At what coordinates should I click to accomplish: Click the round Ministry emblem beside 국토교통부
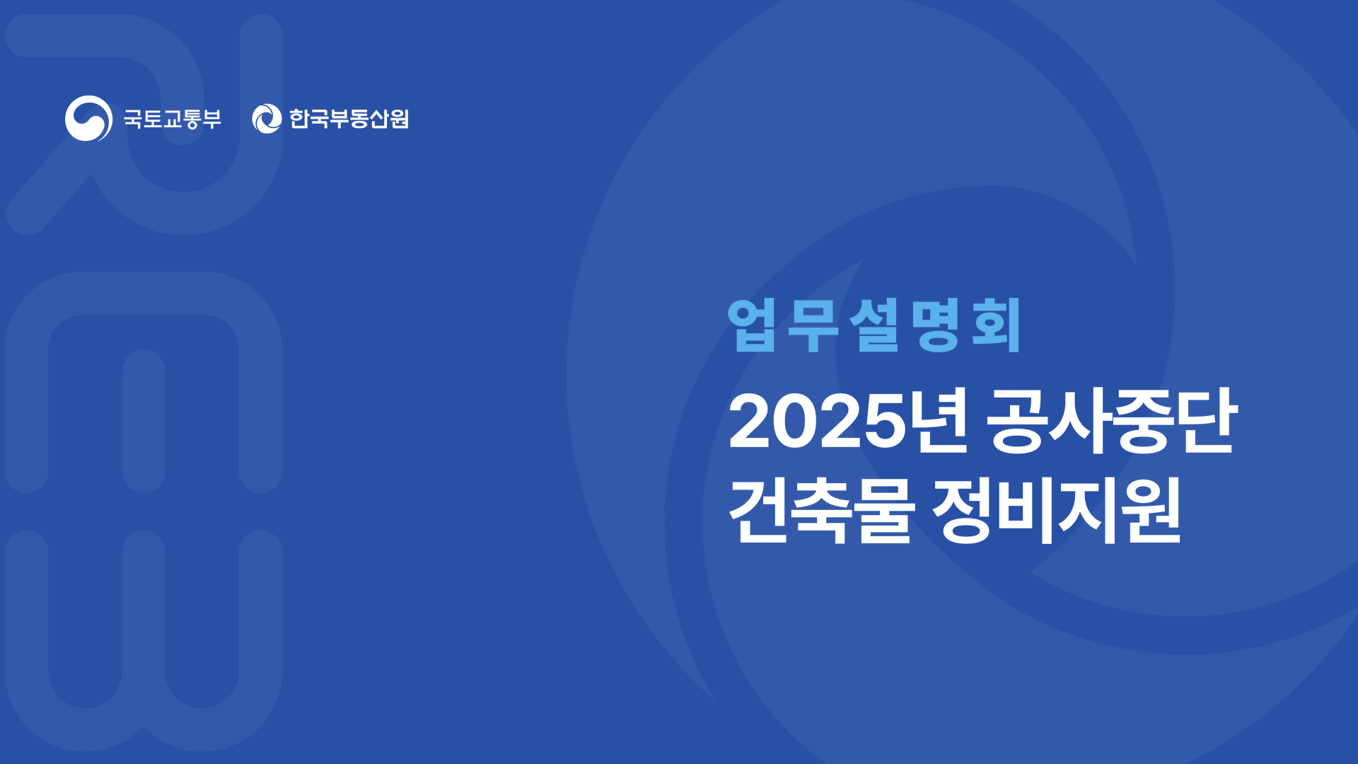88,118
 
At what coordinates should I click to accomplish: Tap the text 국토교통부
173,118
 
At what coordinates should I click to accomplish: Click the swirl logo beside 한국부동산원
267,118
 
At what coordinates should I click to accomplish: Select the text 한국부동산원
349,118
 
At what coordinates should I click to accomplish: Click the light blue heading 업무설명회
874,325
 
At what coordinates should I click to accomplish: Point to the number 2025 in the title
817,422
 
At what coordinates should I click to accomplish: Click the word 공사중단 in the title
1110,420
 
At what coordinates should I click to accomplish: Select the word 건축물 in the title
821,509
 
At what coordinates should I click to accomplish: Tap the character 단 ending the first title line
1207,420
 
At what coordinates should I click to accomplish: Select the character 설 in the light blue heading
874,325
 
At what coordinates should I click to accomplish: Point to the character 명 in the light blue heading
935,325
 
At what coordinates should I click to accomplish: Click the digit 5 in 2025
883,422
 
